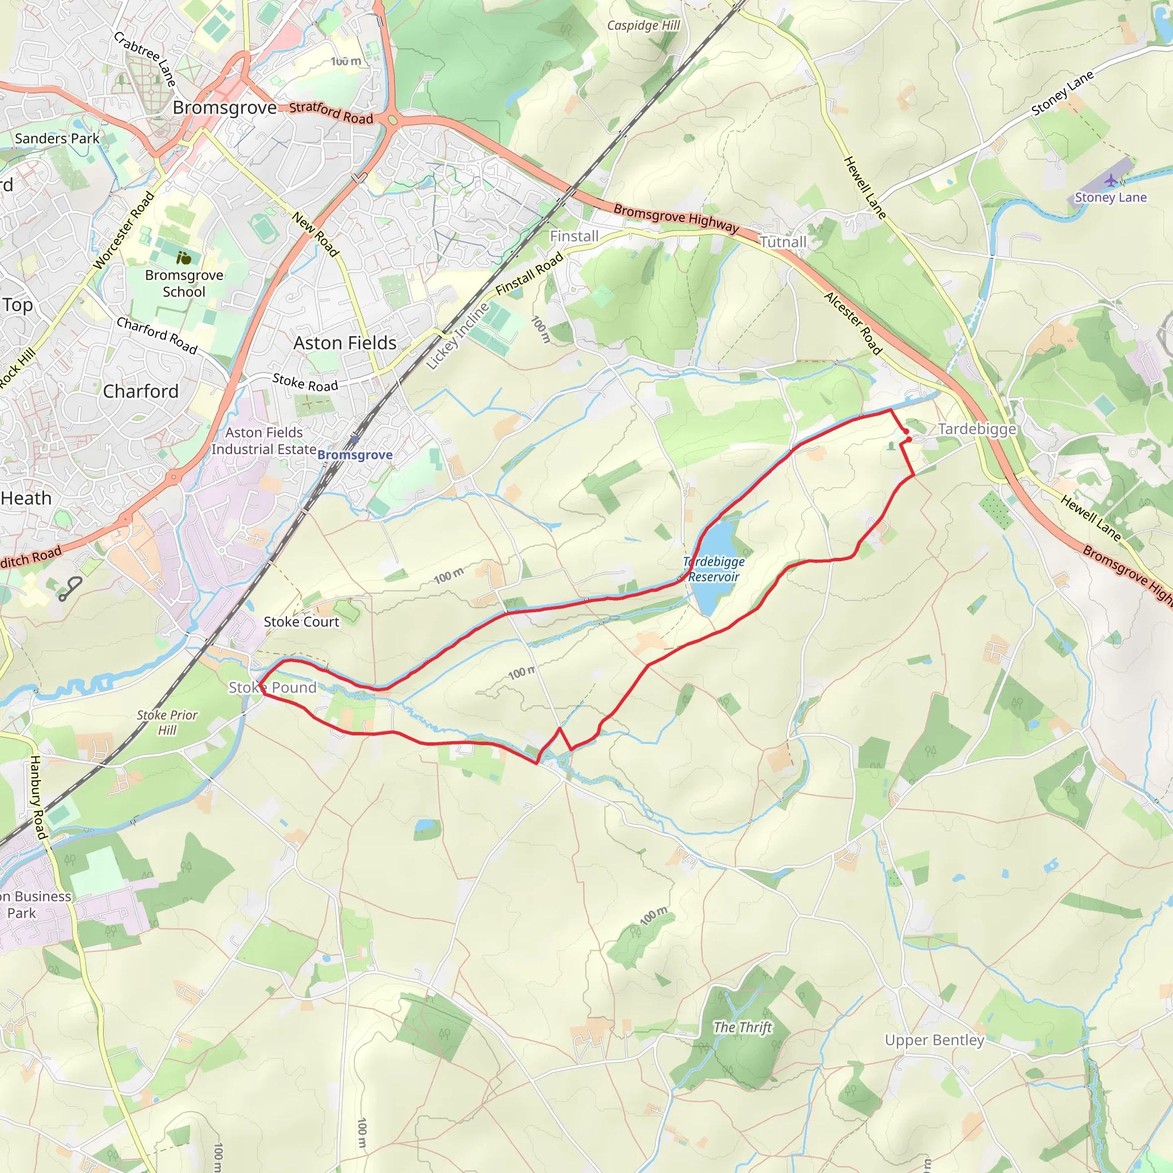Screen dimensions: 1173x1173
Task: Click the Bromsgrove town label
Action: (x=225, y=108)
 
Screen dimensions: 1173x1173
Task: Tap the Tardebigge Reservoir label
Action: (x=714, y=569)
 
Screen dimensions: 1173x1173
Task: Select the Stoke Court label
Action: (x=301, y=621)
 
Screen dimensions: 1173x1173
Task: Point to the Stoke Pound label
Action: (x=273, y=687)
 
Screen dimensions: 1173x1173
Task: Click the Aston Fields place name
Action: (x=345, y=343)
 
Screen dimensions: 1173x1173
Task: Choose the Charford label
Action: (x=141, y=392)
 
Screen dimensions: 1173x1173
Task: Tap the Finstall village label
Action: (x=574, y=237)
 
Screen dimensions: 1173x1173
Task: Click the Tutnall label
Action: (x=782, y=242)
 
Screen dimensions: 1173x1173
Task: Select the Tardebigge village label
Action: (x=977, y=429)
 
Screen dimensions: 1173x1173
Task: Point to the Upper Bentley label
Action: (x=934, y=1040)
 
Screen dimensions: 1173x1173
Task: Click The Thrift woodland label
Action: (x=742, y=1028)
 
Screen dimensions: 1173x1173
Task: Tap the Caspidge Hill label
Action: (x=644, y=26)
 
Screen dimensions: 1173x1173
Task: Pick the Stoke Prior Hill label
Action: (x=167, y=722)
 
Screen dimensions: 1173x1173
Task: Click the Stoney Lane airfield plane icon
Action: (x=1111, y=180)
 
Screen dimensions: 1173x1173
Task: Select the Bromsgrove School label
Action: (x=184, y=284)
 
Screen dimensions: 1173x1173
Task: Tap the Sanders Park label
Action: (x=57, y=139)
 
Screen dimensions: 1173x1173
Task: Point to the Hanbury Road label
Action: (x=38, y=797)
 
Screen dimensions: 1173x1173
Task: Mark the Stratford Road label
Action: (x=331, y=113)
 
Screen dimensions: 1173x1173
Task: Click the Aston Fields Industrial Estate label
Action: (x=263, y=441)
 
